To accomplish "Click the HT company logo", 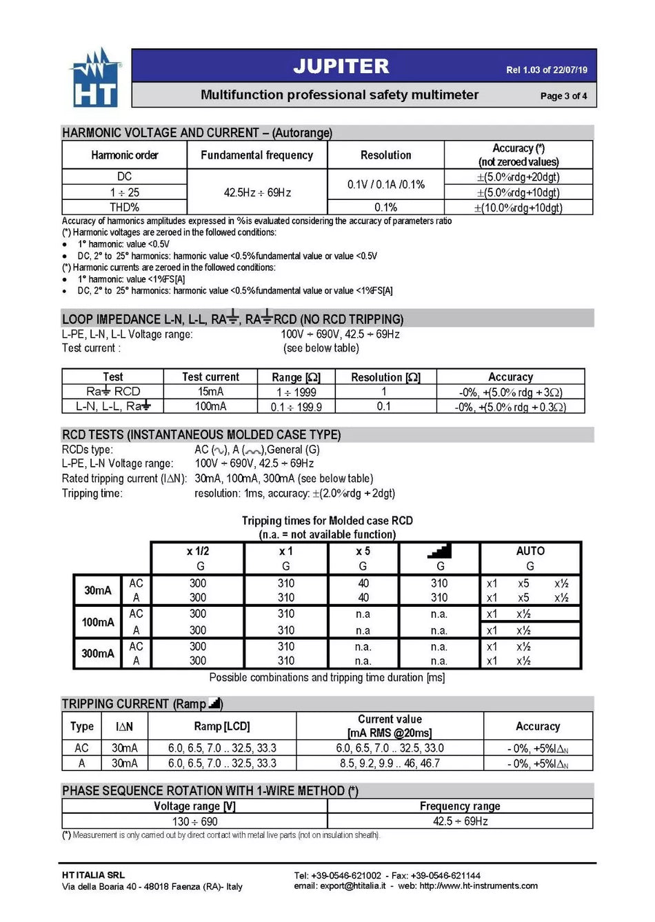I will tap(95, 78).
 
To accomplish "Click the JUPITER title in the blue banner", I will tap(341, 66).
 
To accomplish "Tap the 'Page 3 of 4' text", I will tap(563, 96).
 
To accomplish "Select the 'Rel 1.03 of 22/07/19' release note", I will tap(546, 70).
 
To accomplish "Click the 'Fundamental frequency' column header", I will tap(256, 155).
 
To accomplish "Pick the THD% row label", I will tap(124, 207).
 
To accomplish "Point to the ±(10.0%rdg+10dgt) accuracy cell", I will tap(518, 208).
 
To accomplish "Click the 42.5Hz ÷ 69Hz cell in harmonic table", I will tap(256, 192).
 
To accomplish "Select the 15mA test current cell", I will tap(210, 391).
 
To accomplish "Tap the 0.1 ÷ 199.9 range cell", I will tap(296, 407).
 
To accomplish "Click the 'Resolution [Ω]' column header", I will tap(385, 377).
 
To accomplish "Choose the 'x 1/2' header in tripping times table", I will tap(197, 551).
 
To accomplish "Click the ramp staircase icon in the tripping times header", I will tap(439, 550).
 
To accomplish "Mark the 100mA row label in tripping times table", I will tap(98, 622).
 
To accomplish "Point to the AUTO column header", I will tap(530, 551).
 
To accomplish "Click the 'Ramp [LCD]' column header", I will tap(221, 726).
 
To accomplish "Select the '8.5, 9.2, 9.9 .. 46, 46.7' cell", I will tap(389, 763).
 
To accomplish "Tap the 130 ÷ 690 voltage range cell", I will tap(194, 821).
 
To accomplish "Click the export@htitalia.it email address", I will tap(352, 886).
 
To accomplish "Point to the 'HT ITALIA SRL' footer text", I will tap(93, 875).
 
